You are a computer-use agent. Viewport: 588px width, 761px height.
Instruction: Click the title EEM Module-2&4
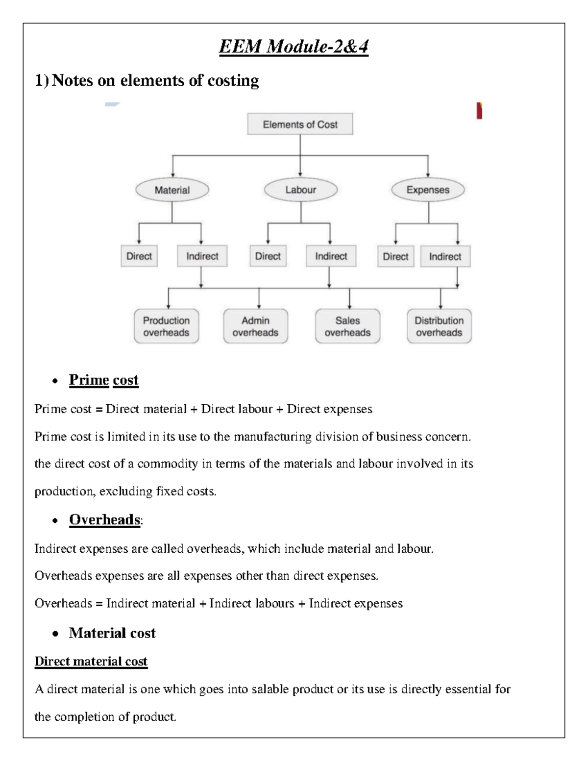tap(294, 47)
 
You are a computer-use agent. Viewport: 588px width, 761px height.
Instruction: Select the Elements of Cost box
tap(300, 124)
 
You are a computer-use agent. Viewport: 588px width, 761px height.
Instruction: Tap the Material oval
tap(172, 190)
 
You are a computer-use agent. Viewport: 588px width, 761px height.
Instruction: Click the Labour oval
tap(300, 190)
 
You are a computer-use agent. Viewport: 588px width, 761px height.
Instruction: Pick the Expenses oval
tap(428, 190)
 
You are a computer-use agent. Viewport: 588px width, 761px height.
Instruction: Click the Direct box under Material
tap(139, 256)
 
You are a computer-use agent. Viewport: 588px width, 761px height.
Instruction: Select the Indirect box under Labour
tap(331, 256)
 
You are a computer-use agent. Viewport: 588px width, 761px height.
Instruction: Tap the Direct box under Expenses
tap(395, 256)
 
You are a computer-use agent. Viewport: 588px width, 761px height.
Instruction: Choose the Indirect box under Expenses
tap(445, 256)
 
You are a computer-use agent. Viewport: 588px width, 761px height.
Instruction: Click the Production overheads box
tap(166, 326)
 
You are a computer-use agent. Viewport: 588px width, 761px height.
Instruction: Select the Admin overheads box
tap(255, 326)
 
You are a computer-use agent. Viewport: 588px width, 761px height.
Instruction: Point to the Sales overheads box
tap(347, 326)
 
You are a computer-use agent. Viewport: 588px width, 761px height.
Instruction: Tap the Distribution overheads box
tap(439, 326)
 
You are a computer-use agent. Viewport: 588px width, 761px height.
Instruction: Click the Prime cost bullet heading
tap(103, 380)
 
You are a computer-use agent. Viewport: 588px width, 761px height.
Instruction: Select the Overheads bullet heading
tap(105, 519)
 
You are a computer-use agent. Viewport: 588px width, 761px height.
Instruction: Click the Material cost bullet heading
tap(112, 633)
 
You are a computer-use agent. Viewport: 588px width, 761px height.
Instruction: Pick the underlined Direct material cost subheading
tap(91, 662)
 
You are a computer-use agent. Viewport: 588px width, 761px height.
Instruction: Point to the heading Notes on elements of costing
tap(155, 80)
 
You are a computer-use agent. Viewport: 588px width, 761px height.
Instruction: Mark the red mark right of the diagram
tap(479, 111)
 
